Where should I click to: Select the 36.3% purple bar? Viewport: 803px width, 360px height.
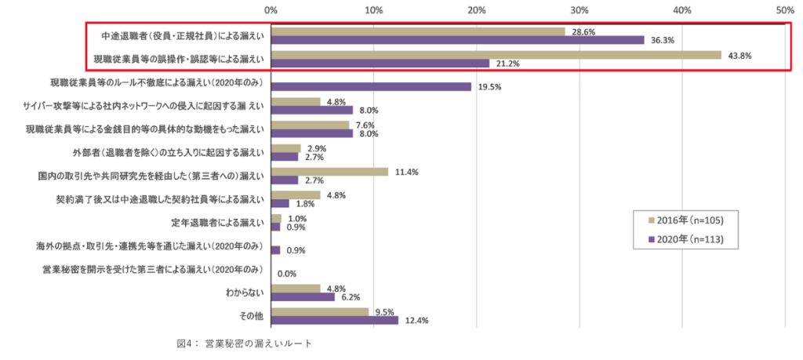457,40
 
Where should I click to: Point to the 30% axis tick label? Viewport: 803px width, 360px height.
580,10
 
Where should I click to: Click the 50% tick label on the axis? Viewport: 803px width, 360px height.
784,10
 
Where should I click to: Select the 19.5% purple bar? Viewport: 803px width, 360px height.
371,86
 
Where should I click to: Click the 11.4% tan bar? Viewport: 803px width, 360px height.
329,172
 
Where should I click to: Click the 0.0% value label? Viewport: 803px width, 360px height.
286,274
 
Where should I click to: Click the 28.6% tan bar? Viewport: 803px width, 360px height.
418,31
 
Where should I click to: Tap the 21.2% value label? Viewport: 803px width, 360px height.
507,64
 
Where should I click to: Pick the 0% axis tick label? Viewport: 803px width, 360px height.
271,10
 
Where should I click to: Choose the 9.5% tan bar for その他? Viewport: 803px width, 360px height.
319,311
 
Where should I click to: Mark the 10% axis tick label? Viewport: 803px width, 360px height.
374,10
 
